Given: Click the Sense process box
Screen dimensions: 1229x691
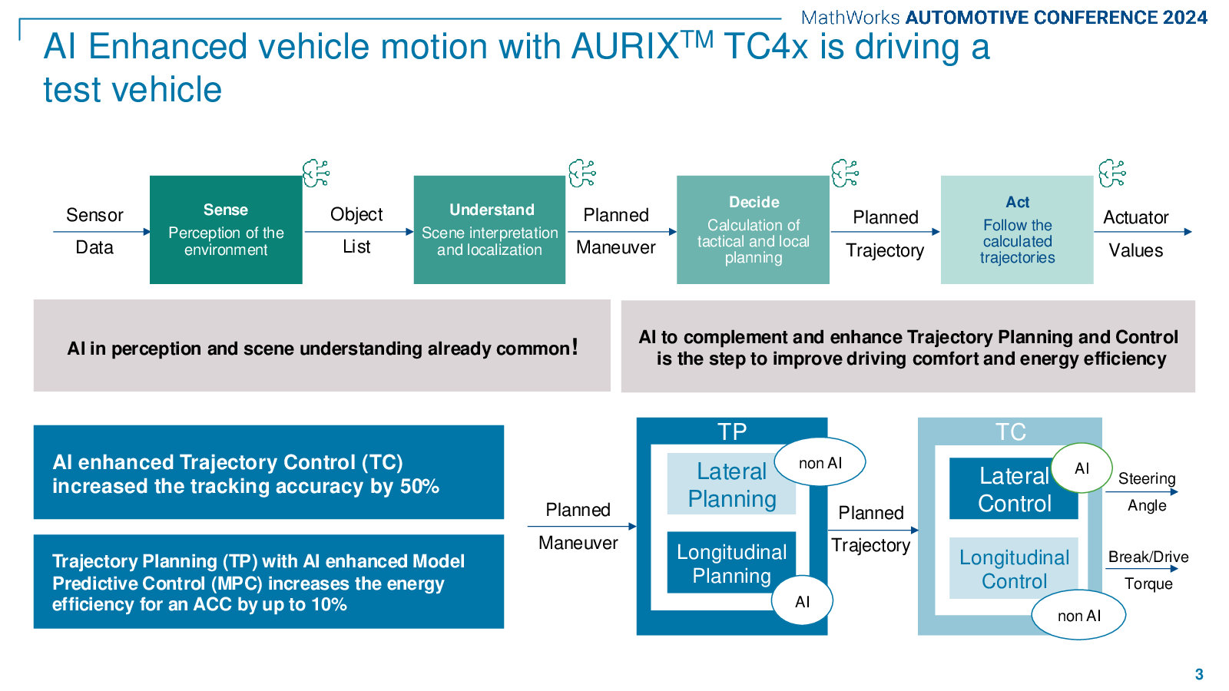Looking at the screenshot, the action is pyautogui.click(x=226, y=230).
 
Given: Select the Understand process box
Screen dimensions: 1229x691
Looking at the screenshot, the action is pyautogui.click(x=489, y=230).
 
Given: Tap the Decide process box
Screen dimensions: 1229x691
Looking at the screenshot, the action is pyautogui.click(x=753, y=230).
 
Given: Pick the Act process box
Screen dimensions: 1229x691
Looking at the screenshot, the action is pyautogui.click(x=1017, y=230).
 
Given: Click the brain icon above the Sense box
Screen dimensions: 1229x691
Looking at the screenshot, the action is pyautogui.click(x=316, y=174).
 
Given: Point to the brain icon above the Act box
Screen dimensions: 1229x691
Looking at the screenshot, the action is pyautogui.click(x=1112, y=174).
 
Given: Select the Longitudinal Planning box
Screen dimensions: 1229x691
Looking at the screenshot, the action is pyautogui.click(x=731, y=562).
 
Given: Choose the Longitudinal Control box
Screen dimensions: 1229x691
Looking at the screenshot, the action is pyautogui.click(x=1013, y=567).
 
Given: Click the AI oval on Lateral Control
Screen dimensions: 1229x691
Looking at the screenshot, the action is pyautogui.click(x=1082, y=468).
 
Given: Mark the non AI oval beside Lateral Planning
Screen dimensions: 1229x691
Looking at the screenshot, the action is pyautogui.click(x=820, y=461).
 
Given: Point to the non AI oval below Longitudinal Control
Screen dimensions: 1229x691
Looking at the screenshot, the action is pyautogui.click(x=1078, y=615).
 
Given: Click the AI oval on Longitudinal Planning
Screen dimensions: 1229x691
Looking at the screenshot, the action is pyautogui.click(x=802, y=600).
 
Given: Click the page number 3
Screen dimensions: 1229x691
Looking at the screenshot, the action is pyautogui.click(x=1199, y=674).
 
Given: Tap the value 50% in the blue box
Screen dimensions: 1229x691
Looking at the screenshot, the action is pyautogui.click(x=419, y=487).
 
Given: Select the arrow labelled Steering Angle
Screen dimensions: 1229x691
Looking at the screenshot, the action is pyautogui.click(x=1141, y=492).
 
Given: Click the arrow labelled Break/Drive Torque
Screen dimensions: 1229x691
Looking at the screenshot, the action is pyautogui.click(x=1141, y=569).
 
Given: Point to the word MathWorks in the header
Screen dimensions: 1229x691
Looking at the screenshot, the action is pyautogui.click(x=850, y=18).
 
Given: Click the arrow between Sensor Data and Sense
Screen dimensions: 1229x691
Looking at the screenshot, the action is pyautogui.click(x=101, y=231).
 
